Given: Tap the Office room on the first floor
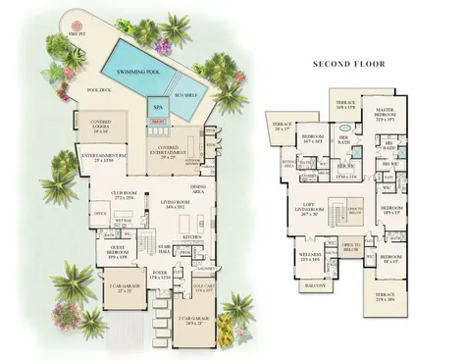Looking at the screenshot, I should pyautogui.click(x=100, y=213).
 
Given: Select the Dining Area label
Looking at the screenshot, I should pyautogui.click(x=197, y=189).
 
